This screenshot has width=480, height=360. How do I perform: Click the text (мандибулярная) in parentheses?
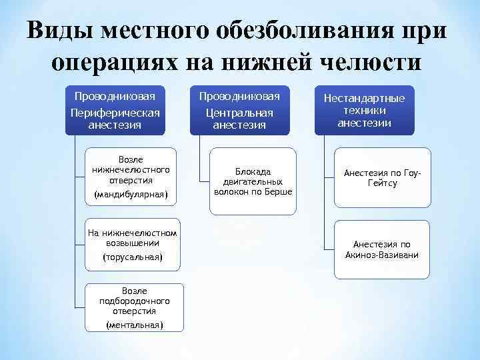[131, 195]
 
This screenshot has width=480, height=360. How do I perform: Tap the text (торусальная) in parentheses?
[133, 257]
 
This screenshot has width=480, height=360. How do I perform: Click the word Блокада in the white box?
[253, 171]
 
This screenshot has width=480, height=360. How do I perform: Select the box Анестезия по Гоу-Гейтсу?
[381, 178]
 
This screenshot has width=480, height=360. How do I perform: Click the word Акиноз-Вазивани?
[382, 255]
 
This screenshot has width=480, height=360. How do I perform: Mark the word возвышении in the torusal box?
[133, 243]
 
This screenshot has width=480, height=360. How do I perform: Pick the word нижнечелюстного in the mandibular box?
[131, 170]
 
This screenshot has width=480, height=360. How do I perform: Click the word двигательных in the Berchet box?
[253, 181]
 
